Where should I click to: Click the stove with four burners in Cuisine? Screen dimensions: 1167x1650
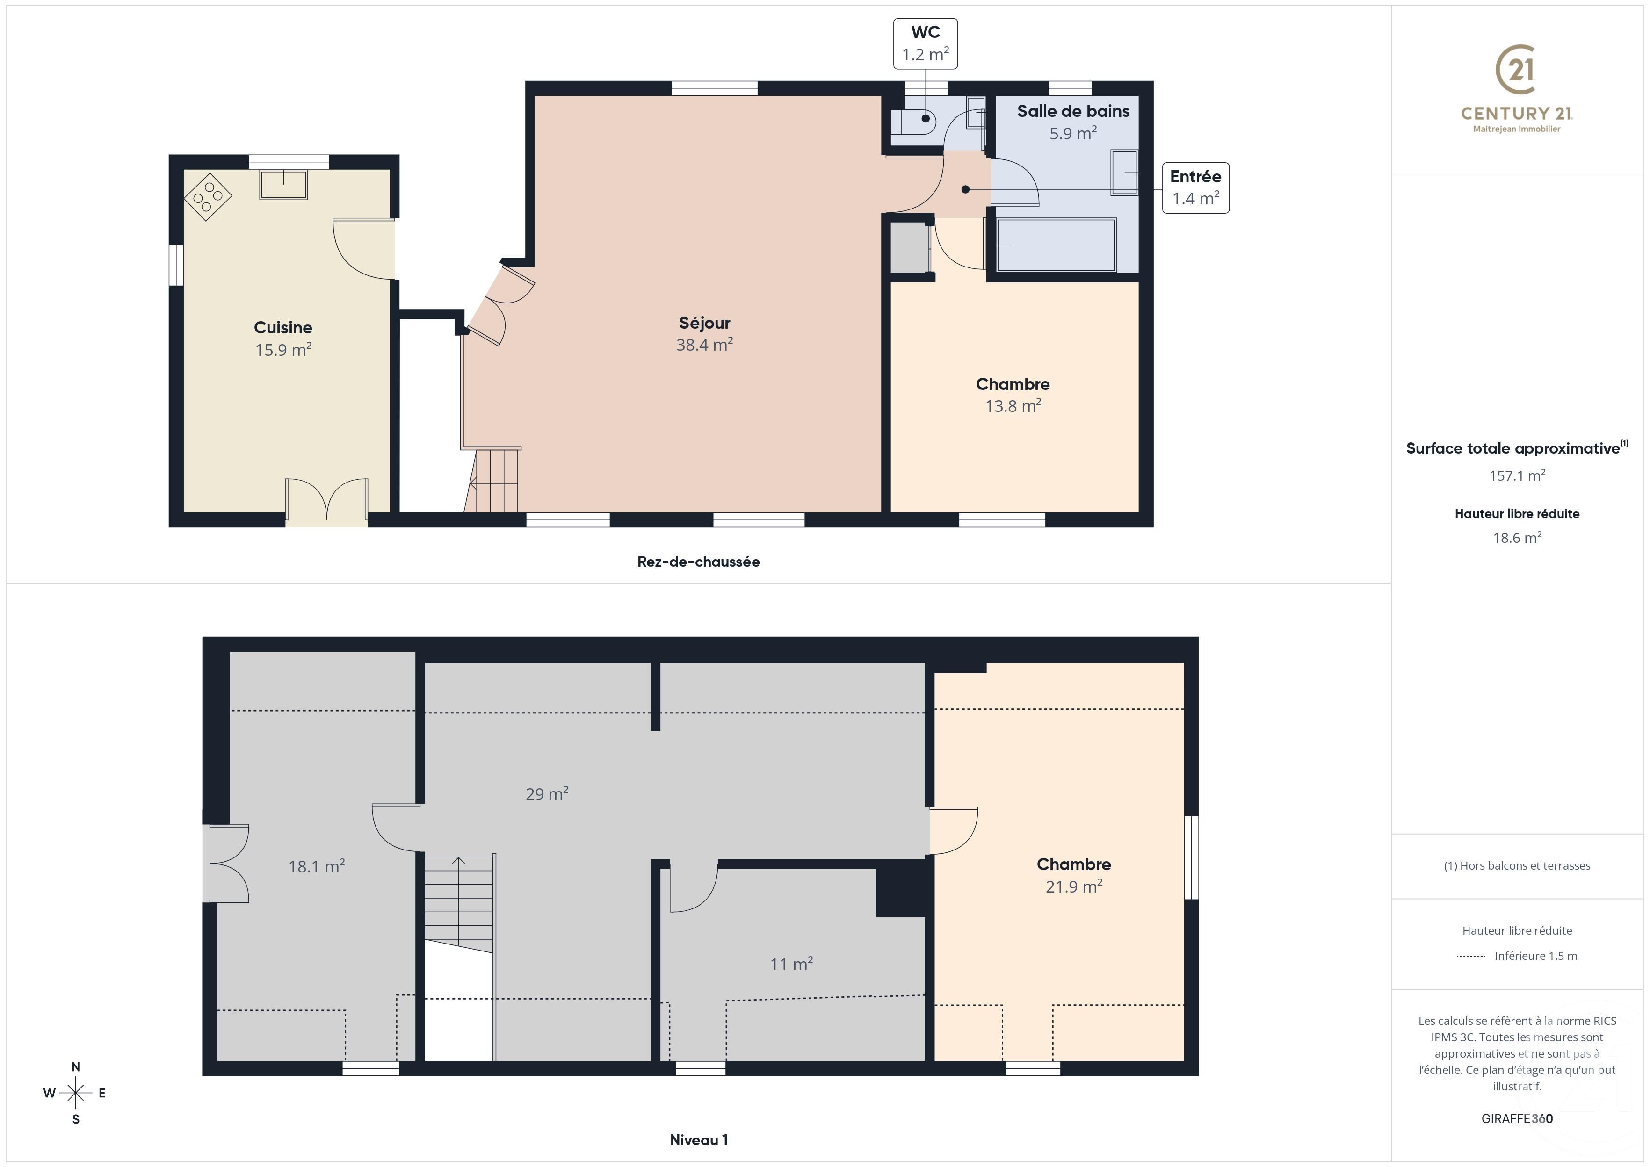coord(208,196)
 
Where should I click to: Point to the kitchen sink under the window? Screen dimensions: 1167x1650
coord(284,184)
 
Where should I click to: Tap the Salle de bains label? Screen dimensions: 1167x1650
coord(1072,111)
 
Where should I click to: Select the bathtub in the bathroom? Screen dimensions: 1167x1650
coord(1056,245)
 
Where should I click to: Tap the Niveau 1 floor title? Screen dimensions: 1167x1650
coord(699,1140)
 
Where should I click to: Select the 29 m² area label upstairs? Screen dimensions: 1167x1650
coord(547,794)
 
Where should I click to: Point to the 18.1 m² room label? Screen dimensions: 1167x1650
coord(316,867)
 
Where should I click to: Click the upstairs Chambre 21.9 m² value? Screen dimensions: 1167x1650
coord(1074,887)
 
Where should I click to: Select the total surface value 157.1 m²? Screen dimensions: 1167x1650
coord(1516,475)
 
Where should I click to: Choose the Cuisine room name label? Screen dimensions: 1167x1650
coord(282,328)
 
